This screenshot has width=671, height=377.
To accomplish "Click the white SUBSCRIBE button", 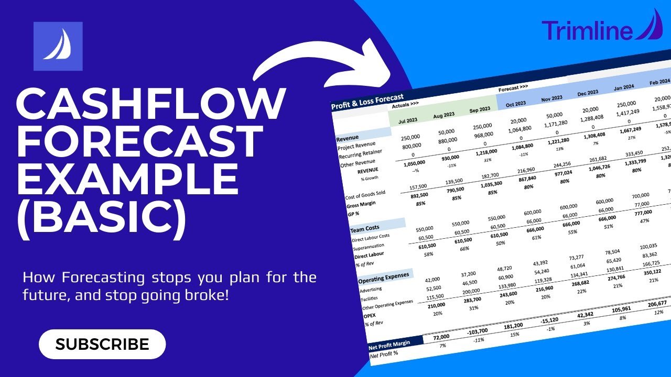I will point(102,344).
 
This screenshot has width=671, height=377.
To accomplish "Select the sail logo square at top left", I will point(58,46).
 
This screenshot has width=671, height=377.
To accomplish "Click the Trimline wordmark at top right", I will point(587,30).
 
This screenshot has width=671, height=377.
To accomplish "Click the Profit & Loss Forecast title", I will point(367,101).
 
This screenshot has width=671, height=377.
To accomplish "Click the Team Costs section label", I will point(365,229).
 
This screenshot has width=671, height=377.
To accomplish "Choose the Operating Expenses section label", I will point(382,277).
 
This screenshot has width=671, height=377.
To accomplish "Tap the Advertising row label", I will point(371,289).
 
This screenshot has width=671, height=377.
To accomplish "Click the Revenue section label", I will point(348,138).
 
